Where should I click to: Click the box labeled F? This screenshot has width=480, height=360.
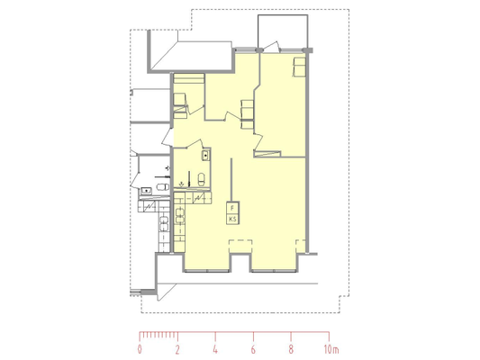[x=232, y=208]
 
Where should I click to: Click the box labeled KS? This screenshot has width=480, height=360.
[x=232, y=220]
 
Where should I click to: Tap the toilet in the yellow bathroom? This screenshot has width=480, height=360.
[x=202, y=179]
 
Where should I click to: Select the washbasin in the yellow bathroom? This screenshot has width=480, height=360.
[x=205, y=156]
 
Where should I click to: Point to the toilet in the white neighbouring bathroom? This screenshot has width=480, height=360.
[x=162, y=186]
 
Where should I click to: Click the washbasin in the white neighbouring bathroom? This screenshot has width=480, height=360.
[x=147, y=191]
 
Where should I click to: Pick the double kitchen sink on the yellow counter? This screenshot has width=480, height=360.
[x=180, y=215]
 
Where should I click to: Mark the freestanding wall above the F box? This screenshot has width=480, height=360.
[x=231, y=180]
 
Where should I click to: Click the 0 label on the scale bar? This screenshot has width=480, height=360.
[x=140, y=349]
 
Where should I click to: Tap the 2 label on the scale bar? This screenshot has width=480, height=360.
[x=177, y=349]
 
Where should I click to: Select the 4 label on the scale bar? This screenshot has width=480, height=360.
[x=215, y=349]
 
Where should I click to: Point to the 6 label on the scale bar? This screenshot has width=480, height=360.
[x=253, y=349]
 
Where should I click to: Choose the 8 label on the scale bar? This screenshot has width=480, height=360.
[x=291, y=349]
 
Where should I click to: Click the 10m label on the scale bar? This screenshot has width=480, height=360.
[x=331, y=349]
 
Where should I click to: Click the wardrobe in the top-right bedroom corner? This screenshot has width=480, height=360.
[x=299, y=67]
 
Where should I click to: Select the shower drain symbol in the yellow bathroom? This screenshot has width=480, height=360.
[x=182, y=184]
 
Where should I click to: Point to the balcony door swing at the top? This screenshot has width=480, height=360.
[x=272, y=47]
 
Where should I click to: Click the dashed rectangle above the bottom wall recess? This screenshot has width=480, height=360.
[x=240, y=247]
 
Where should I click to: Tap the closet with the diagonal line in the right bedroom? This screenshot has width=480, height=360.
[x=267, y=154]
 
